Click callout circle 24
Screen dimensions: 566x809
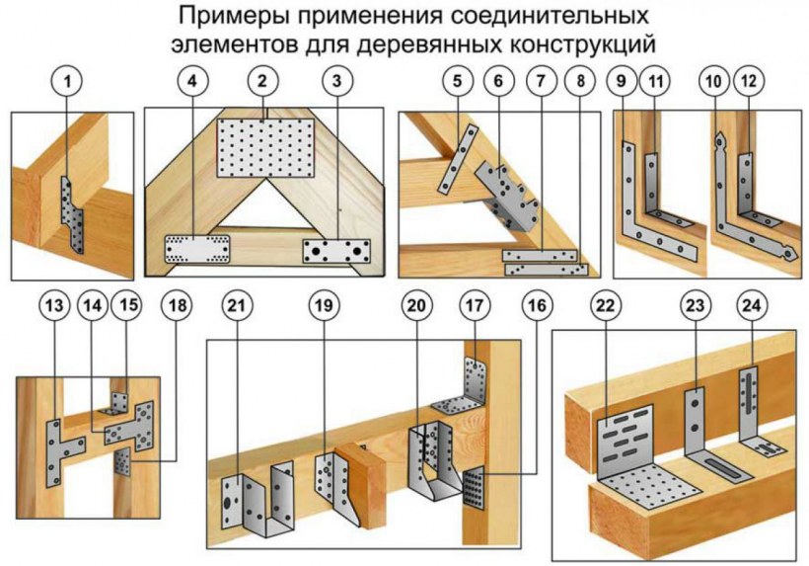coord(754,308)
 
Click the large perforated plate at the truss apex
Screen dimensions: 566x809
coord(264,143)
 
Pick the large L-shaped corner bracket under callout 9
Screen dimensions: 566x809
coord(652,213)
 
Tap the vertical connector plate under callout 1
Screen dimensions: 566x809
coord(69,212)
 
